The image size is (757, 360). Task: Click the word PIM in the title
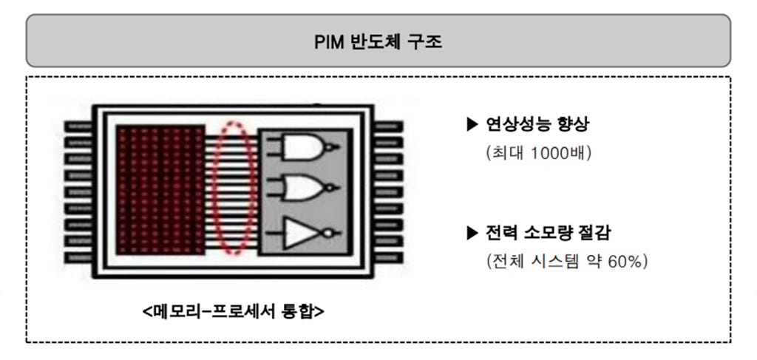(327, 41)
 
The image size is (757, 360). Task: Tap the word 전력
(500, 233)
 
